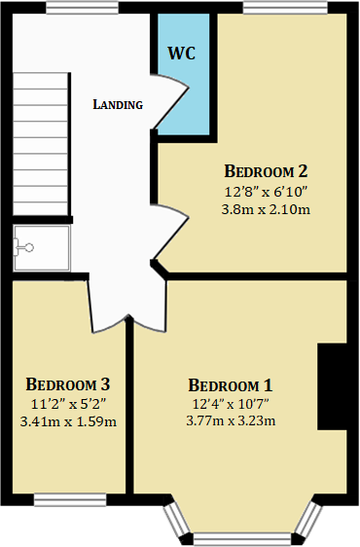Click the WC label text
pyautogui.click(x=182, y=53)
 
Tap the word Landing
pyautogui.click(x=118, y=104)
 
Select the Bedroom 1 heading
pyautogui.click(x=231, y=383)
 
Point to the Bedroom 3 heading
pyautogui.click(x=68, y=383)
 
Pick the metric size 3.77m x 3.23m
pyautogui.click(x=231, y=419)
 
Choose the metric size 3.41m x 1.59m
pyautogui.click(x=68, y=420)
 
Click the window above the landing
pyautogui.click(x=76, y=9)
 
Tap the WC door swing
pyautogui.click(x=170, y=103)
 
